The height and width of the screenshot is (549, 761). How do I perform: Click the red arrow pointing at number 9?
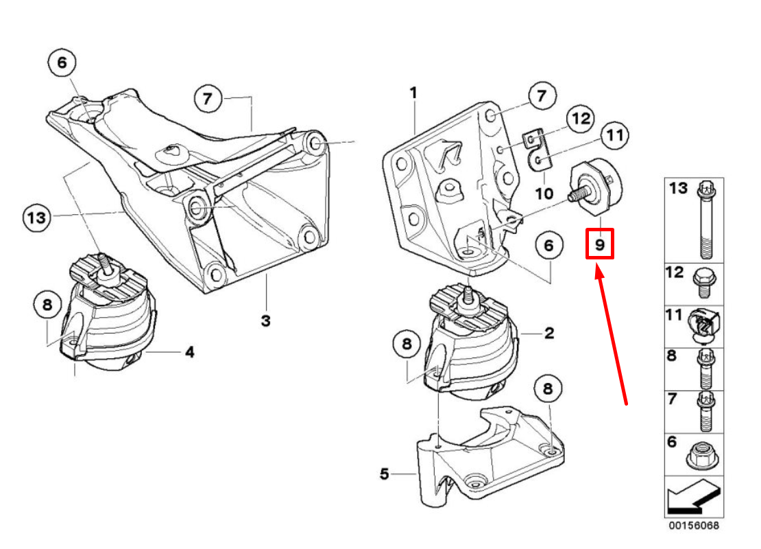click(x=612, y=336)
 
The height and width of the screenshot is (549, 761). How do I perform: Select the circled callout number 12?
click(x=580, y=119)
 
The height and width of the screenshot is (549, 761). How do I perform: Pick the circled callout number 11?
click(x=615, y=135)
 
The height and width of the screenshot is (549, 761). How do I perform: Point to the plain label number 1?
click(x=413, y=92)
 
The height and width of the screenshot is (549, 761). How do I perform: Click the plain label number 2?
click(x=549, y=334)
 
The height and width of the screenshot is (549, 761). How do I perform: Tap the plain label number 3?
click(x=265, y=320)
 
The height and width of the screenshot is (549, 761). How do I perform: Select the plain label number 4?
click(x=189, y=353)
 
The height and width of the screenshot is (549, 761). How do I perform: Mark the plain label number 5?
click(x=384, y=474)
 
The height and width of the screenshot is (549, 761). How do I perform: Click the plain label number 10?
click(x=544, y=194)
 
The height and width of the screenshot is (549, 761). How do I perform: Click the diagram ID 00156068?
click(x=694, y=526)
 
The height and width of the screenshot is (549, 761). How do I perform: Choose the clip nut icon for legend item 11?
click(x=705, y=324)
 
